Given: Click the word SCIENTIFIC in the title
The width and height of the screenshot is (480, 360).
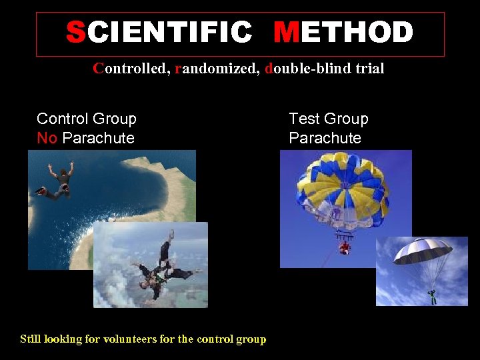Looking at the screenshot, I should (159, 33).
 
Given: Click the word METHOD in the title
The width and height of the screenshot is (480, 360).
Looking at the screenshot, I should (343, 33).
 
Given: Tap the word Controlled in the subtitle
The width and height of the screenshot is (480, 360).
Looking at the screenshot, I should (131, 68).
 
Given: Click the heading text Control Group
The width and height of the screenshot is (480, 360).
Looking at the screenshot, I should (87, 119).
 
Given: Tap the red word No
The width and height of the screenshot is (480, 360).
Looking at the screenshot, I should (47, 138).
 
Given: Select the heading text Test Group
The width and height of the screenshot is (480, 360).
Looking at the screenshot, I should (329, 119).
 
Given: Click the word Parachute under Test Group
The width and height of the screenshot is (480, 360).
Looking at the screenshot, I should (325, 138).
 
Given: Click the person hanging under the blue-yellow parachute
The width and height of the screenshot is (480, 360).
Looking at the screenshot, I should (344, 247).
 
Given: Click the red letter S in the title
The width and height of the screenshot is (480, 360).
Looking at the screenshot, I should (76, 33).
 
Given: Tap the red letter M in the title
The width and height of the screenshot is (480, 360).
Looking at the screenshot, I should (286, 33).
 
